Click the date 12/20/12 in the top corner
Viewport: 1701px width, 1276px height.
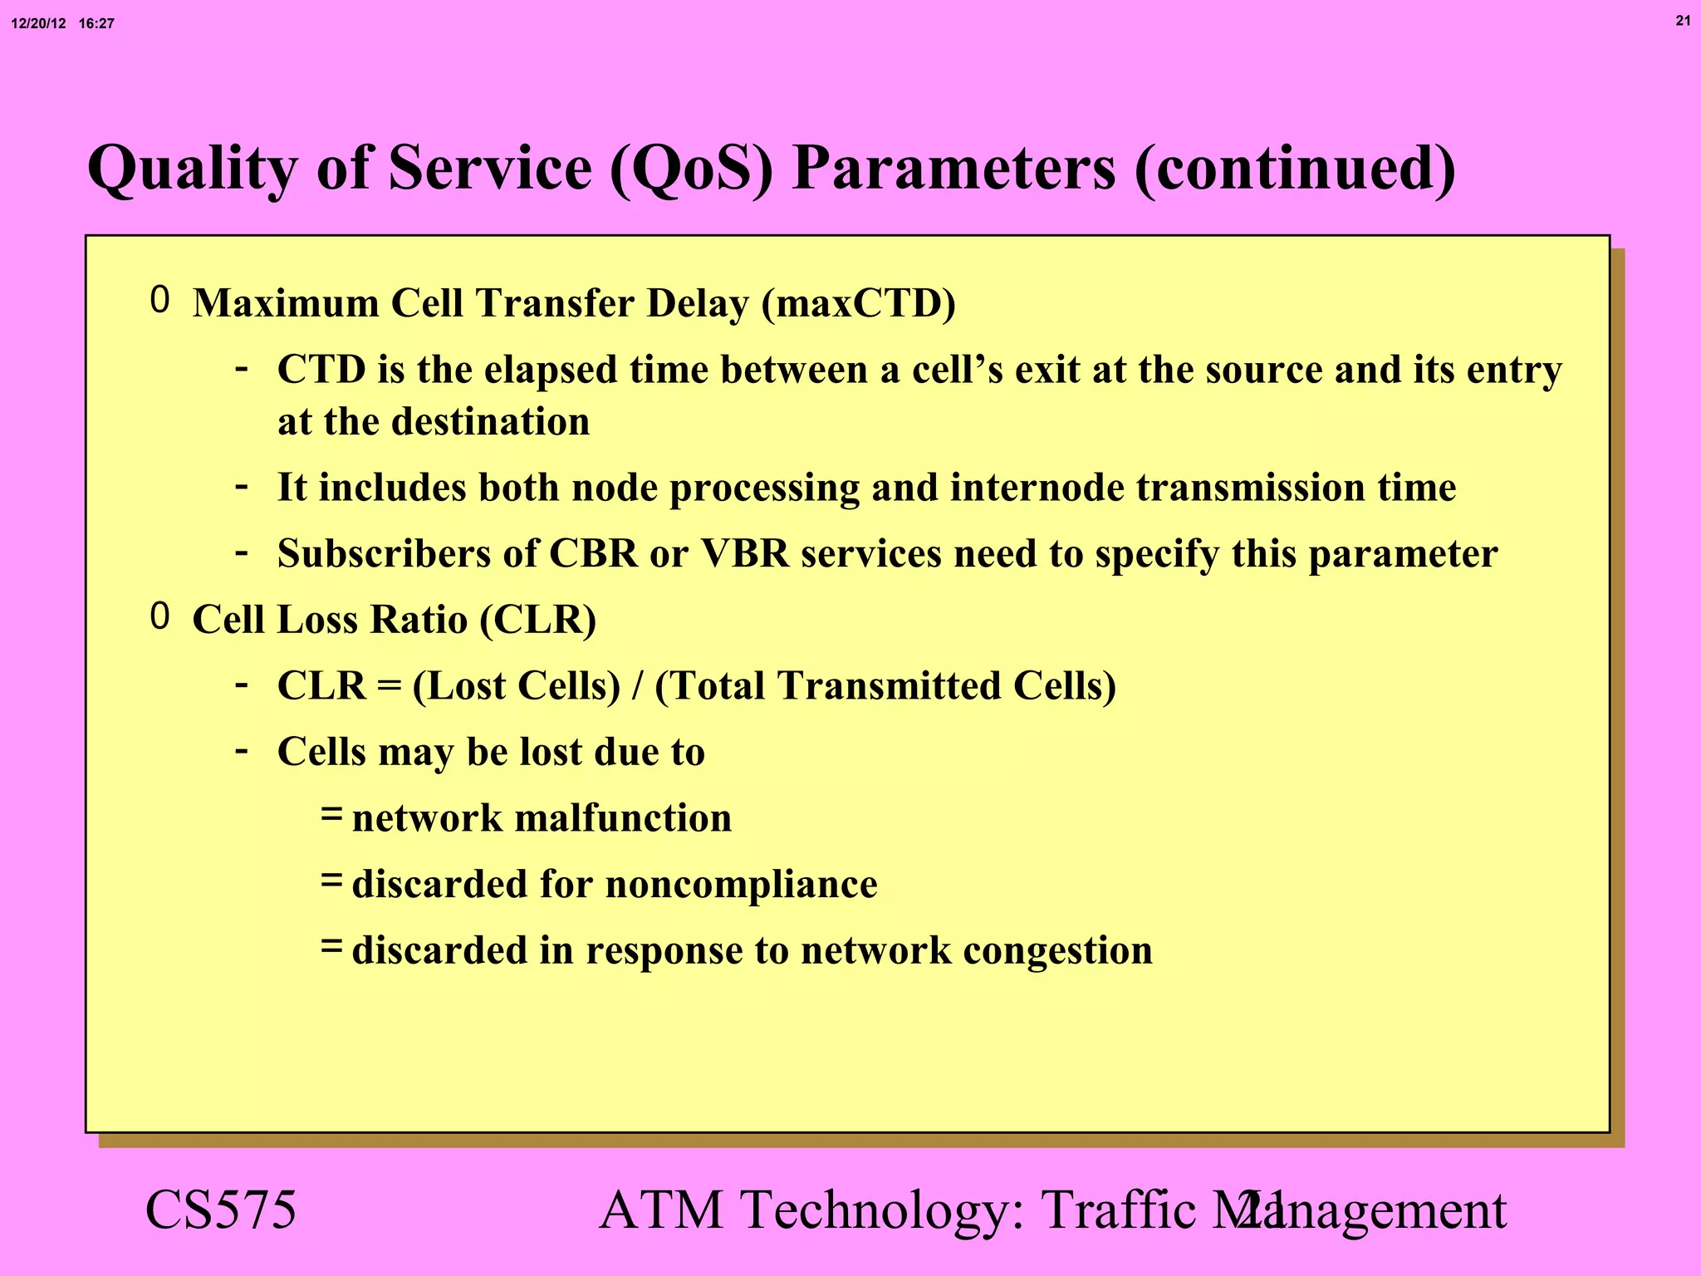pos(38,24)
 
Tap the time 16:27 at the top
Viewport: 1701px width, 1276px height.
pos(96,24)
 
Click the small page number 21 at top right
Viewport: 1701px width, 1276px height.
pos(1683,21)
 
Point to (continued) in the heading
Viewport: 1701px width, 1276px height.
pos(1294,169)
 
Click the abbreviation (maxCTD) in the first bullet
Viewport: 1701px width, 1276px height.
pos(858,303)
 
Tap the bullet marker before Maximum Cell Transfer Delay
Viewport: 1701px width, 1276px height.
pos(160,300)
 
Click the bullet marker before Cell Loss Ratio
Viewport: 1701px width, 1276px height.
pos(160,616)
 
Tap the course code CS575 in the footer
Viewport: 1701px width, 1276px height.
pos(220,1210)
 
